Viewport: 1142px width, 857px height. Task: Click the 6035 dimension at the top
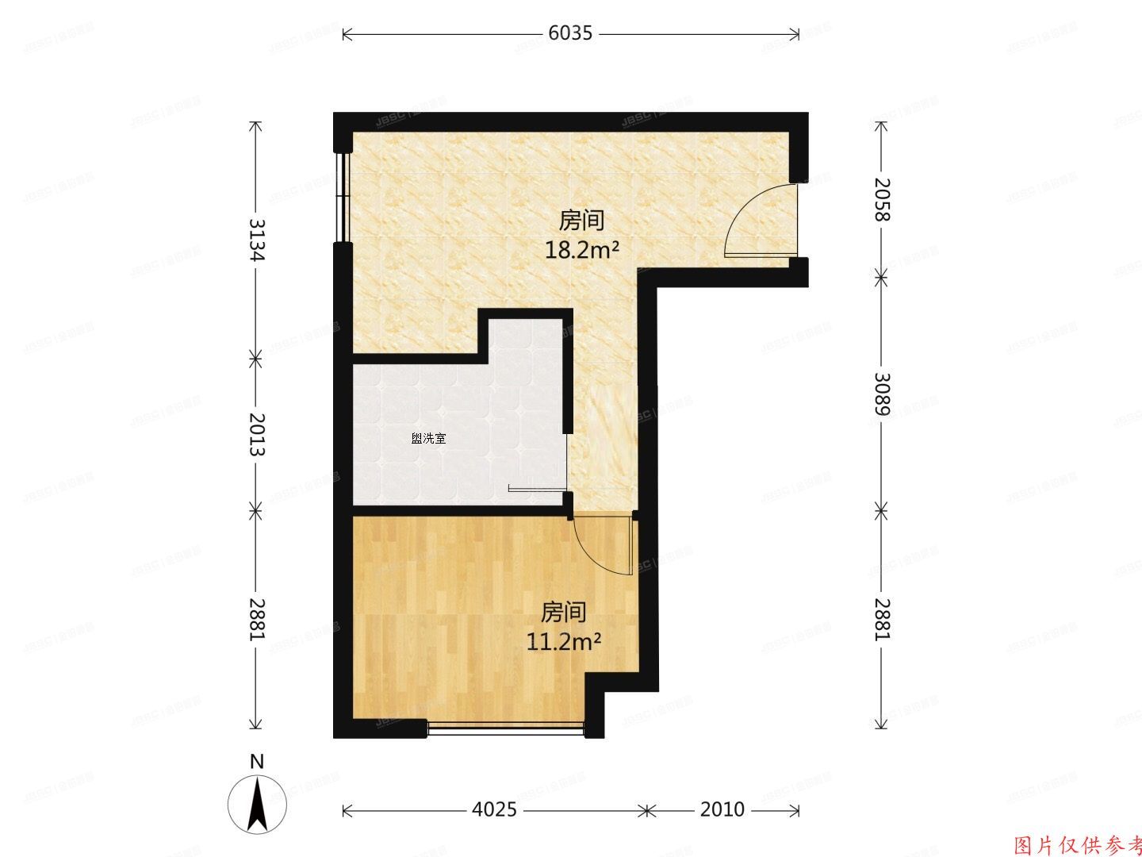[x=570, y=33]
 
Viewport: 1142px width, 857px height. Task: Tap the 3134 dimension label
[x=255, y=239]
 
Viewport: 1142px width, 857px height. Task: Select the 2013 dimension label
[x=255, y=433]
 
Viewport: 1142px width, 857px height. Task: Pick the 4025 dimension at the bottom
[x=493, y=809]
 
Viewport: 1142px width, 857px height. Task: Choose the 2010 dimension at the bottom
[x=722, y=809]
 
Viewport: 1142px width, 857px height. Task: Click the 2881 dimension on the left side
[x=255, y=618]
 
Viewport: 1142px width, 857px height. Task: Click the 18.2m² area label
[x=581, y=251]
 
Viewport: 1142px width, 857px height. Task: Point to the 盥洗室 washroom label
[x=428, y=438]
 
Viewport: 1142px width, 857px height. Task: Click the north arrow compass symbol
[x=257, y=803]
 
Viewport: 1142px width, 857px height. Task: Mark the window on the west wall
[x=342, y=196]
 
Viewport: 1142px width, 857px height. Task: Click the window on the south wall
[x=506, y=728]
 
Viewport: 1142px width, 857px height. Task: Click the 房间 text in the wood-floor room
[x=564, y=613]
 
